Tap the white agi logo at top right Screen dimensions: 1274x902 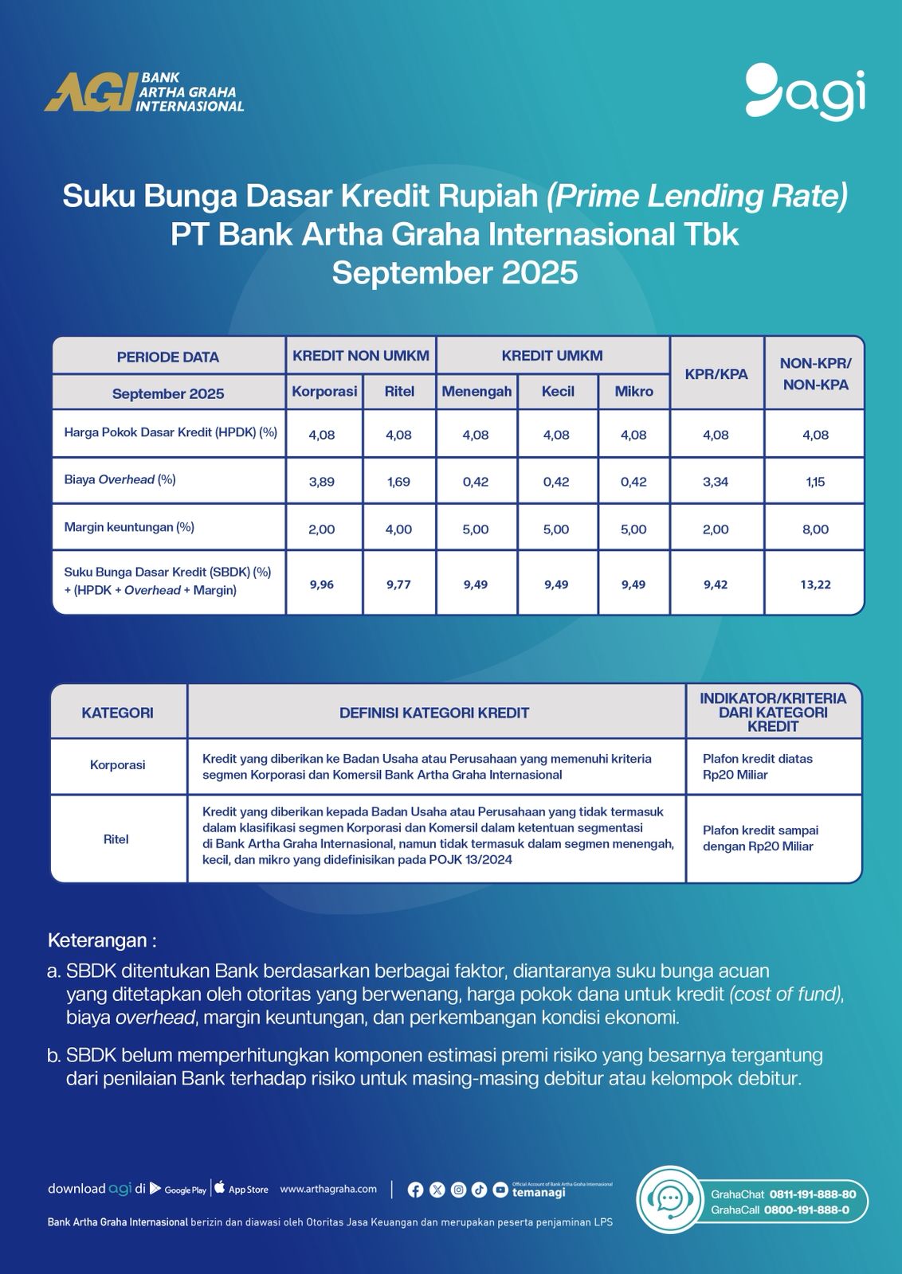click(805, 92)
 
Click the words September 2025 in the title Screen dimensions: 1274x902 click(454, 273)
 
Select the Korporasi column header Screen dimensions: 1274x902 click(324, 391)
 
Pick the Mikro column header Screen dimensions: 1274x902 click(633, 391)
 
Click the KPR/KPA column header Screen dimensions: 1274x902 click(716, 373)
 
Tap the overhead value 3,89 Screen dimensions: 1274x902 click(322, 482)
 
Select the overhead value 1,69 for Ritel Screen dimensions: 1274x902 click(398, 482)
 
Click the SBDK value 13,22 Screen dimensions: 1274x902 click(815, 584)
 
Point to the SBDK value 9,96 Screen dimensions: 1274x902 click(322, 584)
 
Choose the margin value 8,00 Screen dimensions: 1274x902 click(815, 530)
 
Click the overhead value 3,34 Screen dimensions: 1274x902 click(716, 482)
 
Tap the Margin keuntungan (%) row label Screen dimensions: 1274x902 click(129, 527)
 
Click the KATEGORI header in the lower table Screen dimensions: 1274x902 click(117, 713)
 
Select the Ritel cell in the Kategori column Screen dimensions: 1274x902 click(116, 839)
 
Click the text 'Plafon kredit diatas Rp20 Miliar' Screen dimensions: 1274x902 click(757, 767)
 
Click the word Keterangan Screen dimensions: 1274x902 click(97, 940)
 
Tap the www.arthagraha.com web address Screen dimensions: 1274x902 click(328, 1189)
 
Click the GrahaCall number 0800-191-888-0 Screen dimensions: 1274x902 click(806, 1210)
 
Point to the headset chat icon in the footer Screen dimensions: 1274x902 click(669, 1198)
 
